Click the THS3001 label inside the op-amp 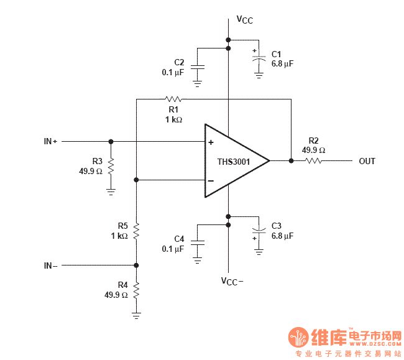[x=233, y=162]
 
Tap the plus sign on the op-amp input [x=211, y=142]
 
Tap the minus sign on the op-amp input [x=211, y=181]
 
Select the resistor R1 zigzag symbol [x=173, y=99]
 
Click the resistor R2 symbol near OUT [x=313, y=161]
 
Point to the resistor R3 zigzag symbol [x=111, y=165]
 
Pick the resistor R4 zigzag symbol [x=137, y=289]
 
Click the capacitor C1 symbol [x=259, y=57]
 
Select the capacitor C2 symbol [x=198, y=66]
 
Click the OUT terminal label [x=367, y=162]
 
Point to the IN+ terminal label [x=50, y=142]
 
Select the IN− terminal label [x=50, y=265]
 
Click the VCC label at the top [x=244, y=20]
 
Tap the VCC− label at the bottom [x=232, y=281]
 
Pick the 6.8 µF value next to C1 [x=282, y=63]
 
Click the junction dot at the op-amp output [x=291, y=161]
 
